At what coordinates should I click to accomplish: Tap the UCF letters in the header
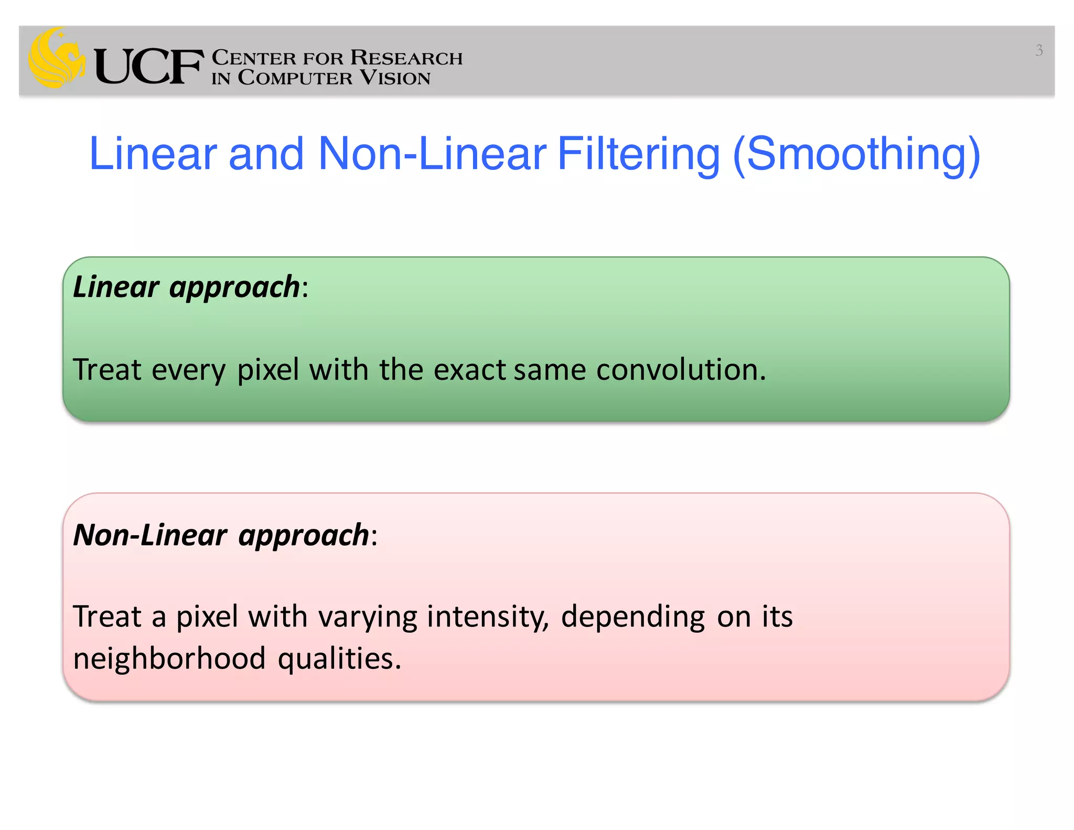148,67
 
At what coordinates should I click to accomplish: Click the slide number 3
1038,50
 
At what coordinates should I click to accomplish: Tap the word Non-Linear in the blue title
432,154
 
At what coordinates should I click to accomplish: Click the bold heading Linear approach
186,287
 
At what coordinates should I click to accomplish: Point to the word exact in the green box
469,369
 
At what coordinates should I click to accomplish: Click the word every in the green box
188,370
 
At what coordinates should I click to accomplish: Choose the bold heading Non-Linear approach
221,535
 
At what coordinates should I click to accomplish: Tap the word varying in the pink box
368,617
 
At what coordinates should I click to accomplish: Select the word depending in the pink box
632,617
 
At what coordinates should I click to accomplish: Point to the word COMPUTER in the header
295,78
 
